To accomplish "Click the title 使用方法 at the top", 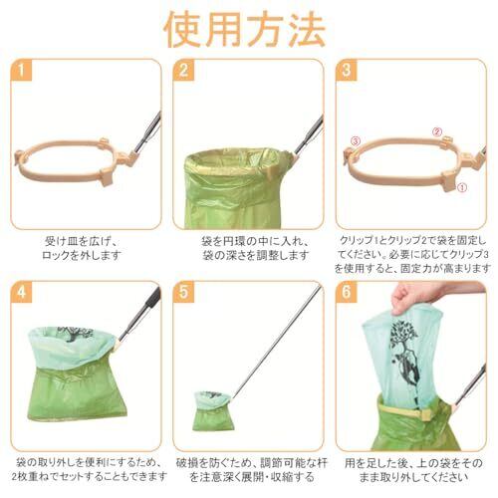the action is click(245, 30).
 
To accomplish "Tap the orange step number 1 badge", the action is click(21, 71).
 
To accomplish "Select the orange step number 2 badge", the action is click(183, 71).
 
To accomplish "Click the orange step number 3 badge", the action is click(347, 71).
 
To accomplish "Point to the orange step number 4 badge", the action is click(21, 292).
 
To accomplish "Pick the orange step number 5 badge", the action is click(183, 292).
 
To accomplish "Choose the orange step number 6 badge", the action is click(347, 292).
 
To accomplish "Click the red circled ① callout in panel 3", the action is click(462, 187).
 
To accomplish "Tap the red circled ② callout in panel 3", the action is click(437, 131).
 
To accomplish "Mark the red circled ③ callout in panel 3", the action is click(356, 141).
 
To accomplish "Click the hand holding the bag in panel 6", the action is click(428, 296).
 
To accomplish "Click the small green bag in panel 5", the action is click(211, 410).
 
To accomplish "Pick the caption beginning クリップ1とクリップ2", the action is click(412, 254).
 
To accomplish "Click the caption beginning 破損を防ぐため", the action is click(252, 470).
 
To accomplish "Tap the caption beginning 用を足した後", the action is click(413, 470).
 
